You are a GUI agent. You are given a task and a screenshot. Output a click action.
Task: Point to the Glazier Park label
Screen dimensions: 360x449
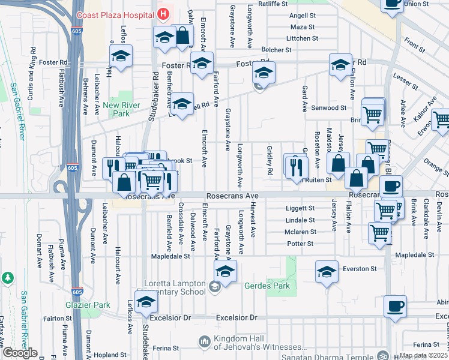point(88,305)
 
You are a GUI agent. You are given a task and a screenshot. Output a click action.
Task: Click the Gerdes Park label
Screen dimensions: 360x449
point(267,286)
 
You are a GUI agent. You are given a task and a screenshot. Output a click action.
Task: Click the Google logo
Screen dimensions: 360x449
point(19,353)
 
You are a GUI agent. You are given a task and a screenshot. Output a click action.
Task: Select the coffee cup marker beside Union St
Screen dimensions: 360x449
point(393,3)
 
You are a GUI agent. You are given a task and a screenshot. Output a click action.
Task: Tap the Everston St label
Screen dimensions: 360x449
point(359,269)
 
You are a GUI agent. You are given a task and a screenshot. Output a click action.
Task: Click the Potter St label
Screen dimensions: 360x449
point(300,244)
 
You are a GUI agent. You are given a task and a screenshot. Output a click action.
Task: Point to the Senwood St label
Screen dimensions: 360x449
point(329,108)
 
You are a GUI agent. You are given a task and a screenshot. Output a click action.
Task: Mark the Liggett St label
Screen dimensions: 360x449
point(300,208)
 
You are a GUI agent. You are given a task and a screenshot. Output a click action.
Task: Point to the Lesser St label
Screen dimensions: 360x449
point(405,77)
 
